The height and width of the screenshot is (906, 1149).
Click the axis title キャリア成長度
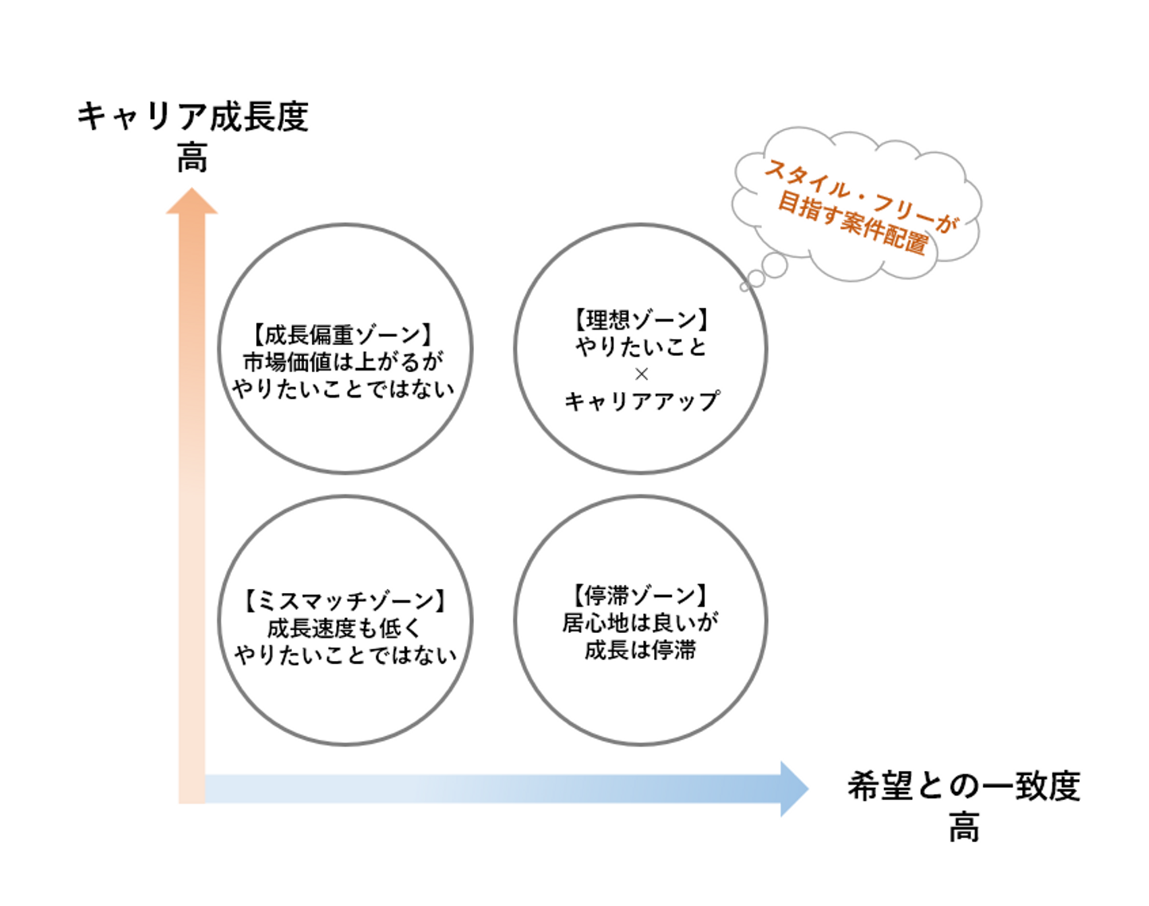(x=192, y=117)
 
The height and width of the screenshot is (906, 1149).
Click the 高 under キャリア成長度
(x=192, y=157)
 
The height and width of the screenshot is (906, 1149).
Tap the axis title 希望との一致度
(x=963, y=786)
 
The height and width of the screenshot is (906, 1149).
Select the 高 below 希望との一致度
(x=964, y=827)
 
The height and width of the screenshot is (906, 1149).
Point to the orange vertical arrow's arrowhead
(x=191, y=202)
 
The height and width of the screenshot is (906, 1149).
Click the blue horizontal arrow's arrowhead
(x=793, y=789)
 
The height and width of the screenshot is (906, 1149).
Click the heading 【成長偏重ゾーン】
(x=344, y=334)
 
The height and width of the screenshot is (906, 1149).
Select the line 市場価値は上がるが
(x=344, y=362)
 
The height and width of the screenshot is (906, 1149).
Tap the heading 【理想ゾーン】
(x=641, y=320)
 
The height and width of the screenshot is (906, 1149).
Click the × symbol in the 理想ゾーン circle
(x=641, y=374)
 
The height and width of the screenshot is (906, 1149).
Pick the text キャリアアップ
(x=641, y=401)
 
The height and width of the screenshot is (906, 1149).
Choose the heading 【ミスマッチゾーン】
(x=344, y=600)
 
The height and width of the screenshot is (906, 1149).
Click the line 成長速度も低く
(x=344, y=627)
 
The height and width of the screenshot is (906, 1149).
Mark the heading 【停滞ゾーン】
(x=641, y=595)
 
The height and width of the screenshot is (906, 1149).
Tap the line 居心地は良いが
(x=641, y=623)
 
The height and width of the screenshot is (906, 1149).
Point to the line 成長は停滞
(x=641, y=650)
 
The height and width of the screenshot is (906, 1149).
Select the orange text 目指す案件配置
(x=852, y=223)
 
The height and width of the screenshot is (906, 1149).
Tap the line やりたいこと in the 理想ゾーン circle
(x=641, y=347)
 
